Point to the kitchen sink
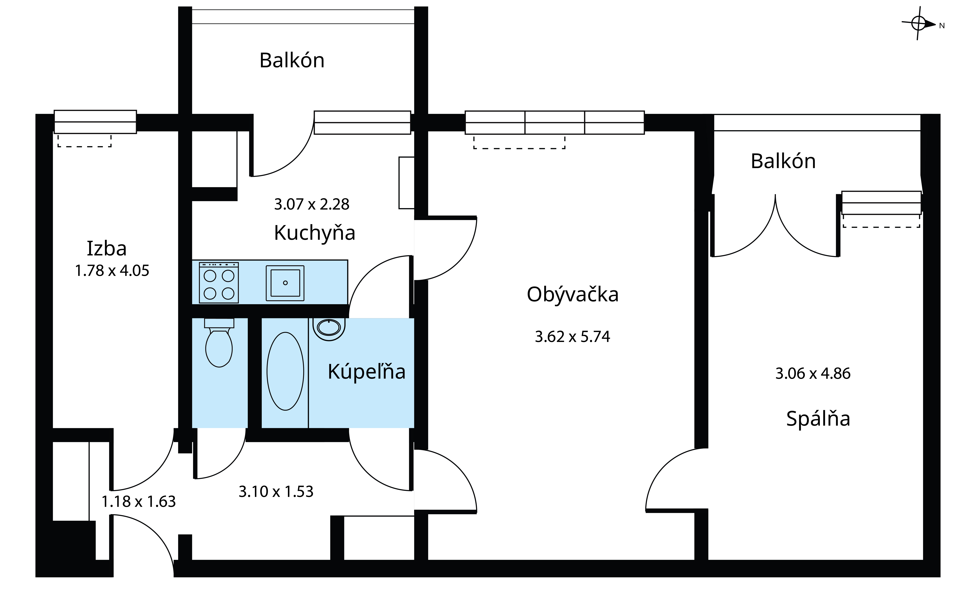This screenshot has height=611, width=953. pyautogui.click(x=285, y=283)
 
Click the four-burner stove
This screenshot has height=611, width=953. pyautogui.click(x=219, y=282)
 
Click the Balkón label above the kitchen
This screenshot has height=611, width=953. pyautogui.click(x=292, y=61)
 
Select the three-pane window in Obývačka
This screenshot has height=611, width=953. pyautogui.click(x=555, y=123)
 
